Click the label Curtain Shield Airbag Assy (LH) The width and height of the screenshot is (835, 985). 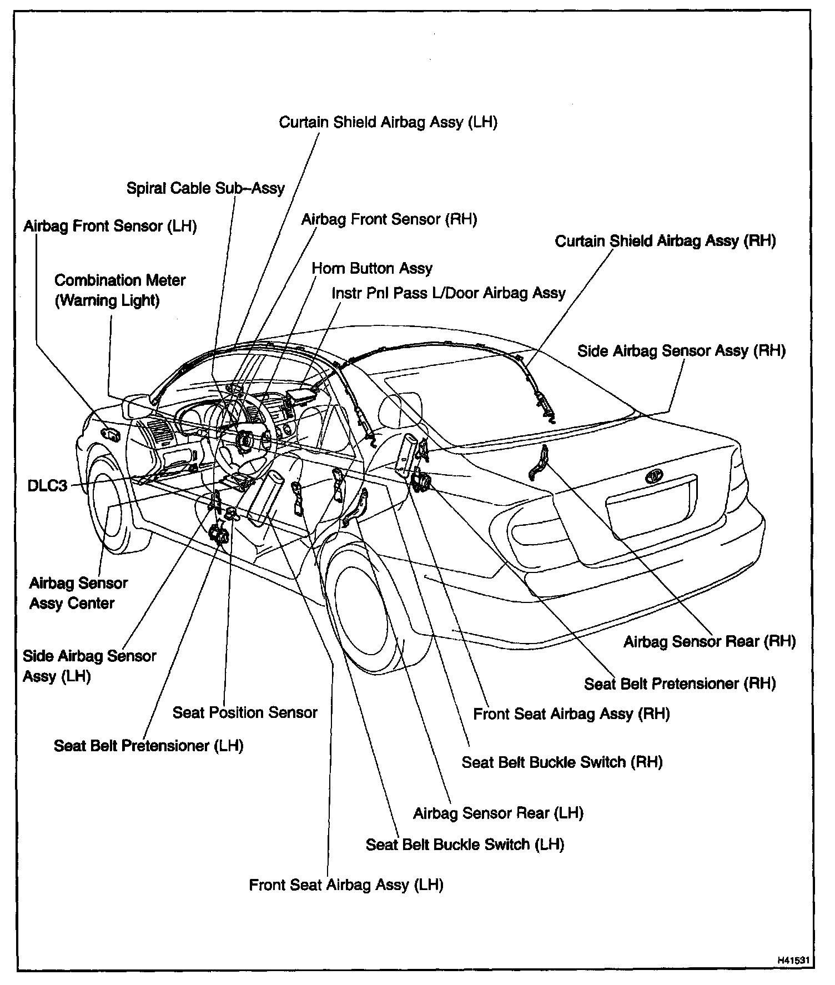[x=388, y=122]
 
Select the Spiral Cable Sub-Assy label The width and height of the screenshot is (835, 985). [x=205, y=188]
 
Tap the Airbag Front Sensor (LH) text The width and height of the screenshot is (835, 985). [x=110, y=227]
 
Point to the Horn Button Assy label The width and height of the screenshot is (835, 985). [x=372, y=269]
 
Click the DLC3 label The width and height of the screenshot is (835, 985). [x=47, y=486]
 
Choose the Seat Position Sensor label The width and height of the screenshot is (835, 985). [x=245, y=712]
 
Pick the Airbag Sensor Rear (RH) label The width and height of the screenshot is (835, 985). [x=709, y=642]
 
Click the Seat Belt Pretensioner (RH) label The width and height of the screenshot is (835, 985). [x=680, y=684]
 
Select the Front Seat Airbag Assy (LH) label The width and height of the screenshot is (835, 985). [x=346, y=885]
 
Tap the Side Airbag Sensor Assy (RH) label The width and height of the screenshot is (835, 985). [x=681, y=351]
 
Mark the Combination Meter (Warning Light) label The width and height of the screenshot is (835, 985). [x=119, y=290]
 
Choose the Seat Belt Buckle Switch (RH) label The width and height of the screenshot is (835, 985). [x=562, y=762]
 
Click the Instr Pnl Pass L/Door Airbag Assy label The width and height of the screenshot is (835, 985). [x=448, y=293]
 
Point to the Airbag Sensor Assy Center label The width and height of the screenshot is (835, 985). [x=78, y=593]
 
